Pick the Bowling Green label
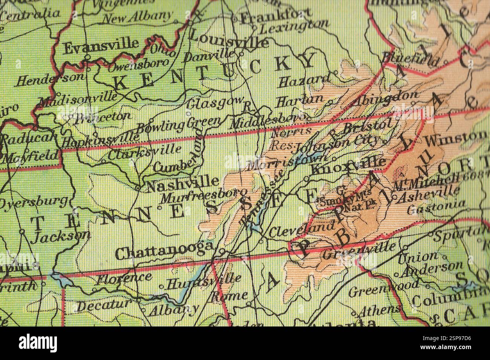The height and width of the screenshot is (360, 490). [178, 125]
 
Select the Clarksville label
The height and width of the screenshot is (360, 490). [144, 152]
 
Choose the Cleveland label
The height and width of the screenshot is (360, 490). [301, 229]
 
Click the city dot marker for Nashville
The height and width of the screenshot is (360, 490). [138, 187]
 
